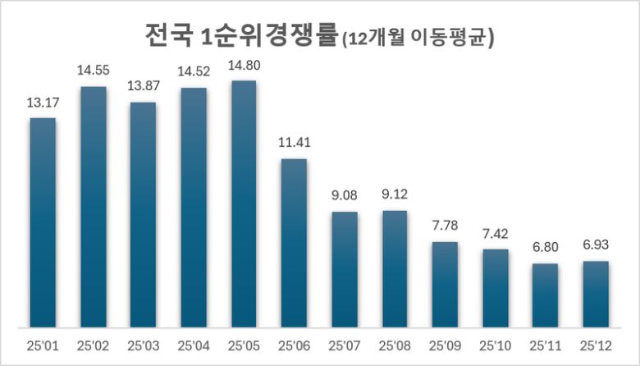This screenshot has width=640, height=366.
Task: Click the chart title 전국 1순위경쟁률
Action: (x=238, y=37)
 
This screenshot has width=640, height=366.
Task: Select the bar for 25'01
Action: (x=43, y=222)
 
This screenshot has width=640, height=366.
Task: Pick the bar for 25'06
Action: (x=294, y=243)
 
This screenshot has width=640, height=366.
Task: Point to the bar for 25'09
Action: (x=445, y=284)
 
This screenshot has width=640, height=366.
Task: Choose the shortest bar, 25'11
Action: (x=546, y=295)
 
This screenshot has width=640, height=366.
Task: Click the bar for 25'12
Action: (x=596, y=294)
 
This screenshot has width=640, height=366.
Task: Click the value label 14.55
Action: (x=93, y=71)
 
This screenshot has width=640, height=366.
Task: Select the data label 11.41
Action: (x=294, y=144)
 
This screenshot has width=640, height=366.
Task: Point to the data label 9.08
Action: (x=345, y=197)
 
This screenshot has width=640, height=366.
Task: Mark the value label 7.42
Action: (x=495, y=235)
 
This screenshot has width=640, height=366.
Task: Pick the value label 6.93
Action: (x=596, y=246)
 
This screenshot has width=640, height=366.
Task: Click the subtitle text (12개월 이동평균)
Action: (x=421, y=39)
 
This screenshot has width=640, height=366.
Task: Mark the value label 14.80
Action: (x=244, y=66)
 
